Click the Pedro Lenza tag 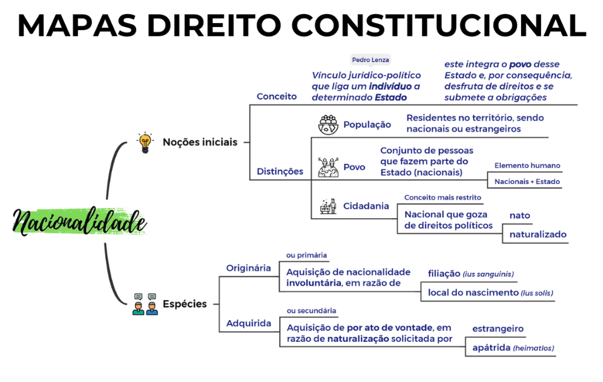(x=370, y=60)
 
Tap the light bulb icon (x=145, y=143)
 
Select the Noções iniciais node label (x=200, y=142)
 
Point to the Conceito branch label (x=277, y=96)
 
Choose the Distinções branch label (x=280, y=172)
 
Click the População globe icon (x=328, y=125)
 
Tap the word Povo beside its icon (x=354, y=167)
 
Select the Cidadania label (x=366, y=206)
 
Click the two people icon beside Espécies (x=145, y=304)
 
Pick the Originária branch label (x=249, y=268)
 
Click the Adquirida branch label (x=249, y=324)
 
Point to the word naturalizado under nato (x=538, y=234)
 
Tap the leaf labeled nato (x=519, y=216)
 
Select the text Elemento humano (x=527, y=166)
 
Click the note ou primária (x=306, y=255)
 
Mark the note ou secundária (x=311, y=311)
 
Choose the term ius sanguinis (x=489, y=274)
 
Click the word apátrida (x=491, y=348)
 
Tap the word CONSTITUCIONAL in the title (x=438, y=25)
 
